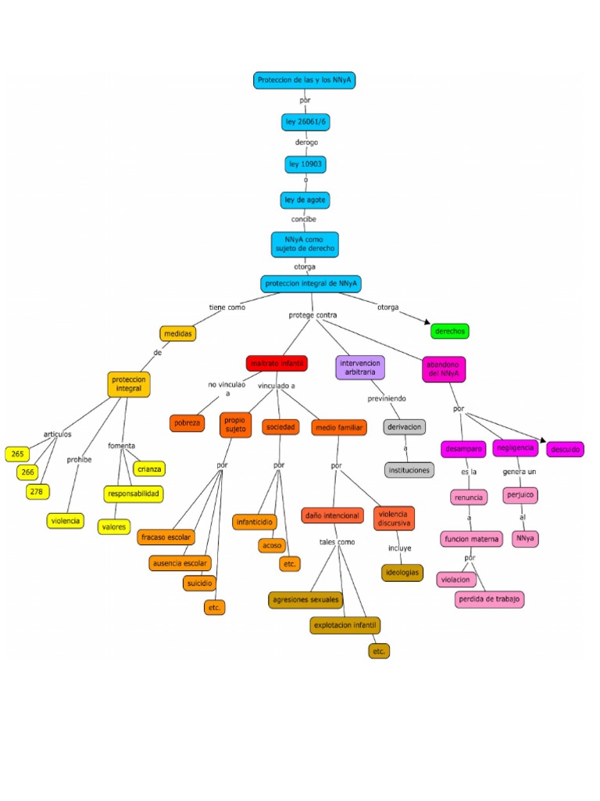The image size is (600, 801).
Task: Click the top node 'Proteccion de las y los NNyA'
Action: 305,80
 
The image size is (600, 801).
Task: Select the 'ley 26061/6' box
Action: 305,122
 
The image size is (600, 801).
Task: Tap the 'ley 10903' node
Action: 305,164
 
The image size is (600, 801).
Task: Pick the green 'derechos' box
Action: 450,331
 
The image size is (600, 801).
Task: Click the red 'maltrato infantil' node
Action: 277,363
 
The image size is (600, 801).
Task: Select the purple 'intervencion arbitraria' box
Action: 360,368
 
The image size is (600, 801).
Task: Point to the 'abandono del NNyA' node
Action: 444,369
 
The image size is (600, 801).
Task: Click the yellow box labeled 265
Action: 16,454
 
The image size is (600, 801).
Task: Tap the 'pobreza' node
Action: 187,423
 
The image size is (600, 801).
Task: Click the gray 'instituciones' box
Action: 409,470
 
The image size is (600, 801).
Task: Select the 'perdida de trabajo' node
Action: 490,599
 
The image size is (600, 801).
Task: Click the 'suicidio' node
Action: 198,583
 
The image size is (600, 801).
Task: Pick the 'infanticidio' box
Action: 255,521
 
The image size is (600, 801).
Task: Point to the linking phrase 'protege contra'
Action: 312,315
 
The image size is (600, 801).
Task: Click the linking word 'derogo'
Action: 306,143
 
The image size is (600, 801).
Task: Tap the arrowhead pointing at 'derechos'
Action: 426,321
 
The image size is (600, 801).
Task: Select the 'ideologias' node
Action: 402,573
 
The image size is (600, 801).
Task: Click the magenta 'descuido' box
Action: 565,450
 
